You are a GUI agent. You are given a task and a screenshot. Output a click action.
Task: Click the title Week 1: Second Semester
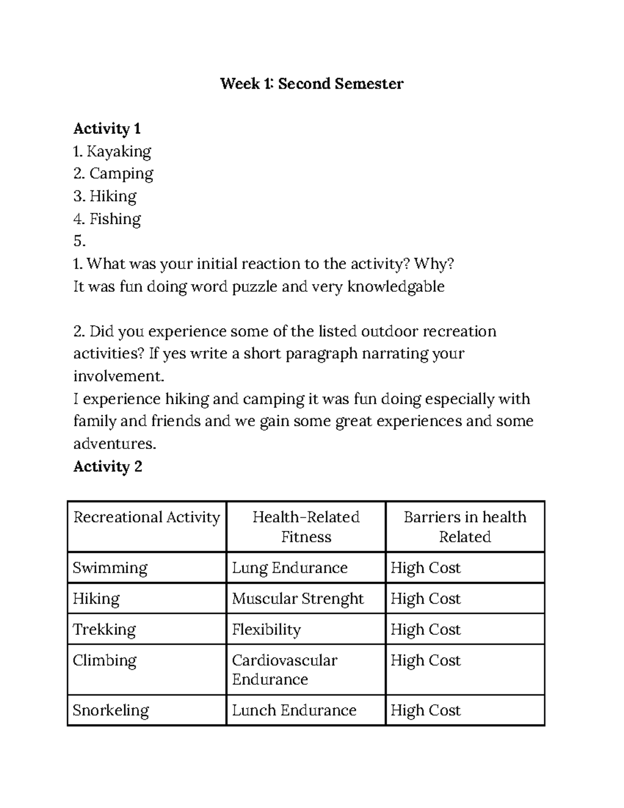(311, 84)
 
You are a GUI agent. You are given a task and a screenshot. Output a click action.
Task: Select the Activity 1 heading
(107, 129)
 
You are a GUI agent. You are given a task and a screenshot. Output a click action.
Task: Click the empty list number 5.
(79, 241)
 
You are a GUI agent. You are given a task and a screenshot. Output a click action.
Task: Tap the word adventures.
(114, 444)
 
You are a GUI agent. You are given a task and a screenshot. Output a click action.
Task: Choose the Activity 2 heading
(108, 467)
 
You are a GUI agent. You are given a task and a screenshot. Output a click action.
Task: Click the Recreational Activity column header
(147, 517)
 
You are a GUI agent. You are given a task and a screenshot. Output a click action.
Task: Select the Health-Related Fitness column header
(306, 527)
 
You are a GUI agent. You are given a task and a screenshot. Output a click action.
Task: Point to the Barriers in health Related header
(465, 527)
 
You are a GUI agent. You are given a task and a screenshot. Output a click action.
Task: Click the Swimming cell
(110, 568)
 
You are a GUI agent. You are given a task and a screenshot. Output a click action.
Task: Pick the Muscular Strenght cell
(297, 598)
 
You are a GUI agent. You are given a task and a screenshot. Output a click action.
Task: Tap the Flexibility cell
(266, 630)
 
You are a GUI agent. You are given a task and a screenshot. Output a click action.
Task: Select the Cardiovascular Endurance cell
(284, 670)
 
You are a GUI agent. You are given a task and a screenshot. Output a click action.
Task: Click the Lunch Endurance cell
(294, 710)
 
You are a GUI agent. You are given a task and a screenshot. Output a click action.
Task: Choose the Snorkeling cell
(111, 710)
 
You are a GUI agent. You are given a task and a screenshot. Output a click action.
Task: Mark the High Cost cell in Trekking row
(425, 630)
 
